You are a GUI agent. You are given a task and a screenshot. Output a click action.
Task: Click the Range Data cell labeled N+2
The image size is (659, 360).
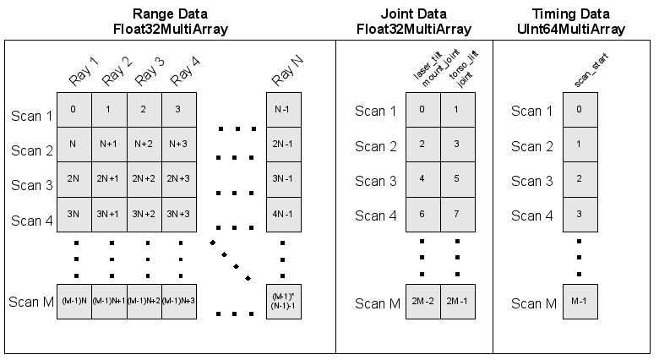point(144,144)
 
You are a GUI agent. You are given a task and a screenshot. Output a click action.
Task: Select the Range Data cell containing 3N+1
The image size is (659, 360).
point(109,214)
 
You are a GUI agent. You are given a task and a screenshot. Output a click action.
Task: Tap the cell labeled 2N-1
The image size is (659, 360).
point(283,144)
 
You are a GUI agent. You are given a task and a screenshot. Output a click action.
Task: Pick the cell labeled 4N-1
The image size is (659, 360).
point(283,214)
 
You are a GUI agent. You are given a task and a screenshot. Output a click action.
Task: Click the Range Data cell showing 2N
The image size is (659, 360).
point(74,179)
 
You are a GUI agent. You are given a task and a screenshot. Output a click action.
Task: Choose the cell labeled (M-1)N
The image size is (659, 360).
point(74,302)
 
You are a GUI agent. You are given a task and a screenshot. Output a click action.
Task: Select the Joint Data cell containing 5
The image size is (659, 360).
point(457,179)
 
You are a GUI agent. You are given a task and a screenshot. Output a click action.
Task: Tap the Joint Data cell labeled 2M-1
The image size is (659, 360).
point(457,302)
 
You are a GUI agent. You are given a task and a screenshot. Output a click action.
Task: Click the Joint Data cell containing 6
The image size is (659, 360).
point(422,214)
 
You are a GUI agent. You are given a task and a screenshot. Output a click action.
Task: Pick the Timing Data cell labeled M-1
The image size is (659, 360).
point(579,302)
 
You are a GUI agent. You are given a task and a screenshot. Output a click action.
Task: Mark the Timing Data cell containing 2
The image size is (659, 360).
point(579,179)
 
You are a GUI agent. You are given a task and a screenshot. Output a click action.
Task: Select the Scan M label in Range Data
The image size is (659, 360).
point(30,302)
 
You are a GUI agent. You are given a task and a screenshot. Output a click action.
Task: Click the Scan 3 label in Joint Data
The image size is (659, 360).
point(375,181)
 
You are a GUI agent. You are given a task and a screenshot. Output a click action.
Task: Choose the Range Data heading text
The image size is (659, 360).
point(170,14)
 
